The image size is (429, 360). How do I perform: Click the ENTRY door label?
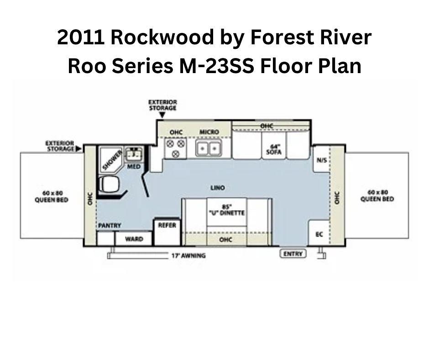pyautogui.click(x=293, y=254)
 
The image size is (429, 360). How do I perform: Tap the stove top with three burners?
pyautogui.click(x=175, y=148)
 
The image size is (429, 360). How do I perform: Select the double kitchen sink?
pyautogui.click(x=208, y=148)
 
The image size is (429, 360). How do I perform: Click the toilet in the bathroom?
pyautogui.click(x=110, y=185)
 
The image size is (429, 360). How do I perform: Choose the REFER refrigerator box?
pyautogui.click(x=167, y=232)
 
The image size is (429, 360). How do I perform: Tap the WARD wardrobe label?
pyautogui.click(x=134, y=239)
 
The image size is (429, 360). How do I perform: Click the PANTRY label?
pyautogui.click(x=110, y=226)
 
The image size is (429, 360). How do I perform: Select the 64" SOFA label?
pyautogui.click(x=274, y=149)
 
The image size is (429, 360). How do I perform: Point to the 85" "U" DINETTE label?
pyautogui.click(x=227, y=210)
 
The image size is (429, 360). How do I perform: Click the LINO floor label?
pyautogui.click(x=217, y=188)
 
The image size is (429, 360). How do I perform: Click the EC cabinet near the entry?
pyautogui.click(x=319, y=234)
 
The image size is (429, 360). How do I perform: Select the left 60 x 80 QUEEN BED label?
pyautogui.click(x=52, y=196)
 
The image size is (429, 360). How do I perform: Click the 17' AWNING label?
pyautogui.click(x=188, y=256)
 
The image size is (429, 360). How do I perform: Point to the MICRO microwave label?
pyautogui.click(x=209, y=132)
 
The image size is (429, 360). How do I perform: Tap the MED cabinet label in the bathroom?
pyautogui.click(x=134, y=167)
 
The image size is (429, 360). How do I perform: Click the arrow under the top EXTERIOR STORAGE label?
pyautogui.click(x=162, y=115)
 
